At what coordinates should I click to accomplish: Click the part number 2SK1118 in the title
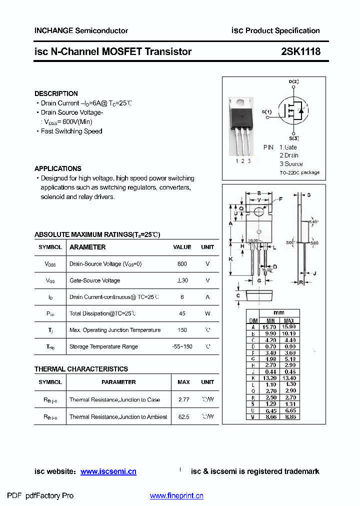(300, 51)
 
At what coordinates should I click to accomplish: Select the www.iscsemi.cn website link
(108, 471)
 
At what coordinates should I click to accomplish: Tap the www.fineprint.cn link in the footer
(176, 496)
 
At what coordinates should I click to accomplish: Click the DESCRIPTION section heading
(56, 93)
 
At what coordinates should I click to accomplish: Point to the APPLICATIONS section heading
(57, 168)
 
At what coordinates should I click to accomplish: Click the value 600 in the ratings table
(182, 264)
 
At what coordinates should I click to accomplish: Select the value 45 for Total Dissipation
(182, 313)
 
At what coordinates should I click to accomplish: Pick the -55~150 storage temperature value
(182, 346)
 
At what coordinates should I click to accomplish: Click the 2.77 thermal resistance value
(183, 400)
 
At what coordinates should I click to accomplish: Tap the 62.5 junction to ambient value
(183, 417)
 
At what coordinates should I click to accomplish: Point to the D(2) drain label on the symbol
(293, 81)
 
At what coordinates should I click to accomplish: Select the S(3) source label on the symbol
(293, 138)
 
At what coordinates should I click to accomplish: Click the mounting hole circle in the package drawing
(258, 212)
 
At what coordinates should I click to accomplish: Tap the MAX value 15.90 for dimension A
(289, 326)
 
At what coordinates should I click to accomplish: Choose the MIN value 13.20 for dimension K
(270, 378)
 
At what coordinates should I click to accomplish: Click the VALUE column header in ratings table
(182, 247)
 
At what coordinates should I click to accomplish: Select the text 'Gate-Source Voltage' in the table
(94, 280)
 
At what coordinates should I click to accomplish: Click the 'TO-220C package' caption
(299, 172)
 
